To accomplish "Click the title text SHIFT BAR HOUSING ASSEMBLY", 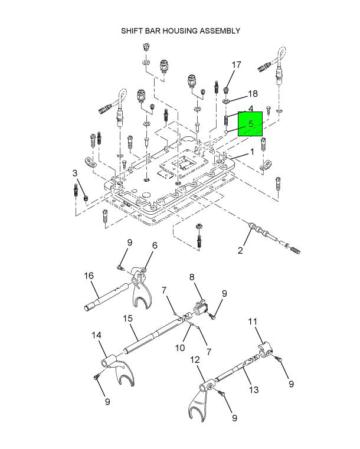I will pos(180,30).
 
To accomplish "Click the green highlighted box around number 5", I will pos(250,124).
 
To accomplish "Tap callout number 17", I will pos(236,65).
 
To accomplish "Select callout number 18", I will pos(253,94).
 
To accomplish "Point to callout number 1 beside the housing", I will pos(252,152).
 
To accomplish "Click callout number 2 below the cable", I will pos(240,251).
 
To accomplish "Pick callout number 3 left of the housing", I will pos(75,172).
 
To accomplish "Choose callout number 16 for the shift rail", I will pos(89,276).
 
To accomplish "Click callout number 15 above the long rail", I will pos(127,319).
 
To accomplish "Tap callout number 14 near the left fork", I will pos(97,336).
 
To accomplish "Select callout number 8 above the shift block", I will pos(192,277).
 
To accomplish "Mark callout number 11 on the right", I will pos(253,322).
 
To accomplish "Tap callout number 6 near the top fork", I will pos(155,246).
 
